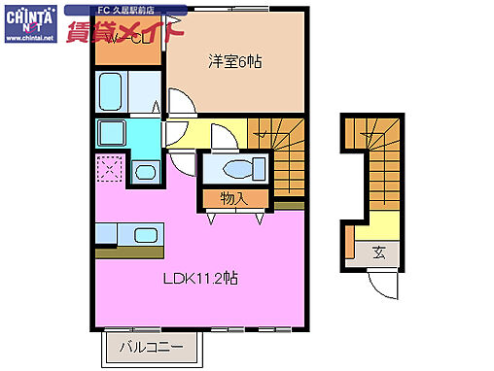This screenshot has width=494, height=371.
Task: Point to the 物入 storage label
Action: (x=233, y=198)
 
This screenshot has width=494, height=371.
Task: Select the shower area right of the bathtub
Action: (x=145, y=93)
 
